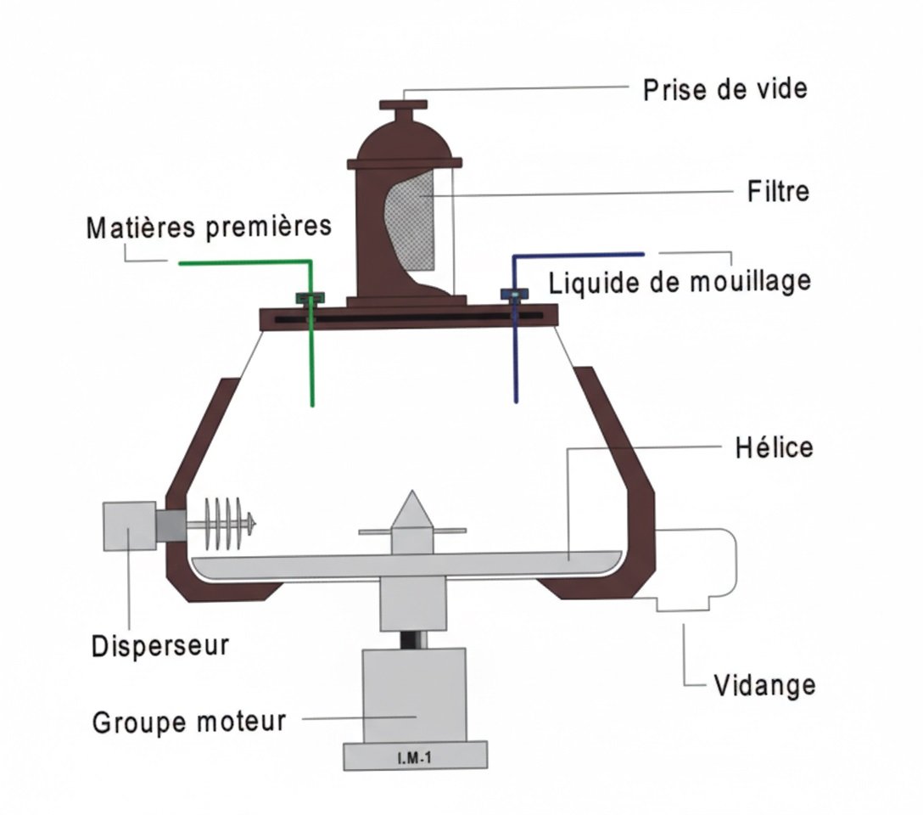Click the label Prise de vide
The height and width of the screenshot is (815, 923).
tap(724, 89)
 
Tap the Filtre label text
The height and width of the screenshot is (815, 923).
tap(778, 191)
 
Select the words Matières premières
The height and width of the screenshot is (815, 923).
tap(209, 227)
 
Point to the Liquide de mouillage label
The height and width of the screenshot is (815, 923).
tap(680, 282)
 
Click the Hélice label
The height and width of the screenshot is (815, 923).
tap(774, 447)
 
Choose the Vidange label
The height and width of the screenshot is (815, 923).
tap(764, 685)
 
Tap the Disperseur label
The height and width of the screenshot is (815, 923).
tap(160, 646)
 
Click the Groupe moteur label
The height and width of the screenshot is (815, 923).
tap(189, 722)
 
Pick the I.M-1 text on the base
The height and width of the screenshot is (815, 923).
tap(414, 758)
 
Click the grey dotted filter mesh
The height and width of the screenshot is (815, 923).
tap(412, 224)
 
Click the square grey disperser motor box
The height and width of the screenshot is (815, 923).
tap(130, 526)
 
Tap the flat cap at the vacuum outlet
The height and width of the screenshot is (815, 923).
tap(403, 105)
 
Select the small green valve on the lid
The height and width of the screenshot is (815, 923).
tap(310, 297)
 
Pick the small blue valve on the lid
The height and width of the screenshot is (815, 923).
tap(514, 294)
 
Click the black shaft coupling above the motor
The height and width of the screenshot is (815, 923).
tap(413, 639)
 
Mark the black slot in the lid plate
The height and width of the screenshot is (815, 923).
tap(409, 318)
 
